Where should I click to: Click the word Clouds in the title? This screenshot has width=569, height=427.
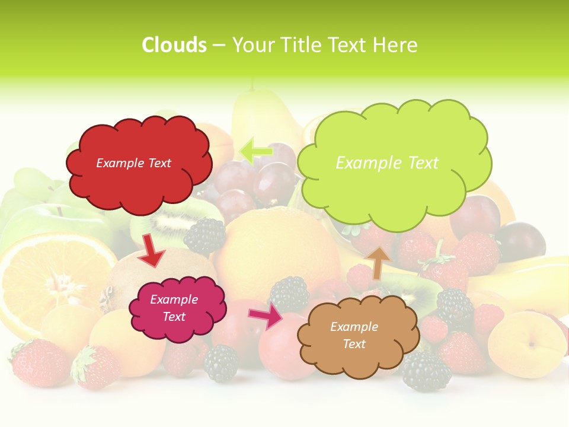tap(174, 45)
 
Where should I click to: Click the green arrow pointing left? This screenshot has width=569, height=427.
tap(256, 151)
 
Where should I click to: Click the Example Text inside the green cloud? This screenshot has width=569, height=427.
tap(387, 163)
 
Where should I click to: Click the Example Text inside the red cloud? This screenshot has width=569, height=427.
tap(133, 163)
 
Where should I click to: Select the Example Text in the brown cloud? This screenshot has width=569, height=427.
tap(354, 335)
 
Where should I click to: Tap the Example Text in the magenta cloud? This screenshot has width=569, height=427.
tap(174, 308)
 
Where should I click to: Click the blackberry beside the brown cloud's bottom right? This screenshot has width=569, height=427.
tap(427, 371)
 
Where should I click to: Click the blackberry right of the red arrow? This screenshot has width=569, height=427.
tap(205, 236)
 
